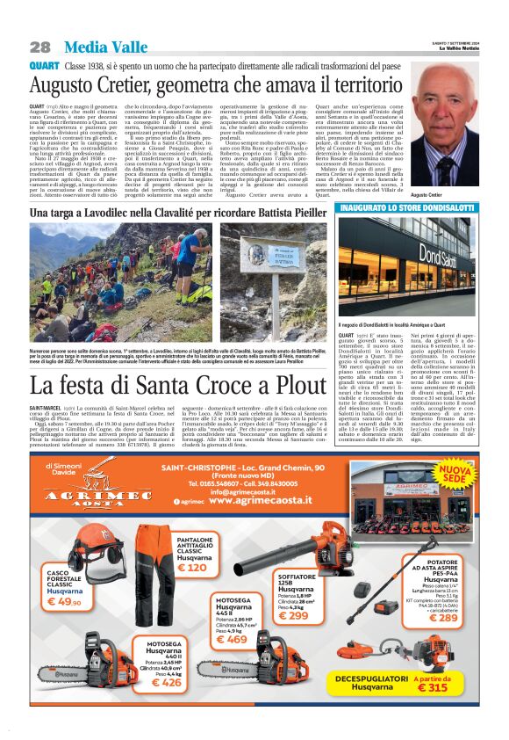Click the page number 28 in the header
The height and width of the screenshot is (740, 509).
click(x=39, y=47)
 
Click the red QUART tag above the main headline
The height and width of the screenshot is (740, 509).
click(x=44, y=67)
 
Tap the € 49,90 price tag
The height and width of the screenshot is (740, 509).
click(x=64, y=602)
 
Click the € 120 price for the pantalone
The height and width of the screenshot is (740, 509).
click(x=191, y=568)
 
